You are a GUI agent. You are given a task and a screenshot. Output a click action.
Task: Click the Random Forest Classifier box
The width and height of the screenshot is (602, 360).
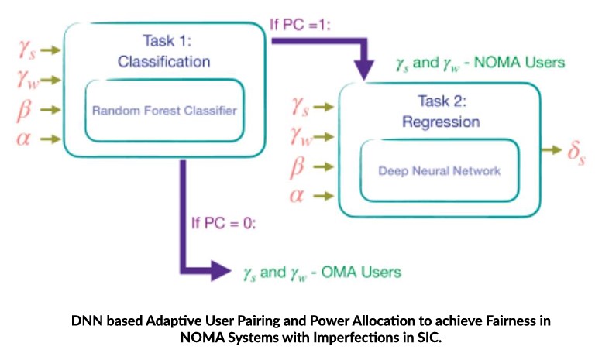[163, 110]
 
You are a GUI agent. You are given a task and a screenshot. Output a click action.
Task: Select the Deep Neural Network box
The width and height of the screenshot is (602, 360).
[439, 171]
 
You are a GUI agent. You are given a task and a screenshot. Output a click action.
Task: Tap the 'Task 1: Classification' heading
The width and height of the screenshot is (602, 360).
[164, 50]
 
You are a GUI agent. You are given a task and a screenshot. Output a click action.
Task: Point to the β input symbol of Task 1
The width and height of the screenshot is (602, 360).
[25, 109]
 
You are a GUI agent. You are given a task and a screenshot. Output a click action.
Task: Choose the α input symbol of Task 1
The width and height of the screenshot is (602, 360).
[25, 139]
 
